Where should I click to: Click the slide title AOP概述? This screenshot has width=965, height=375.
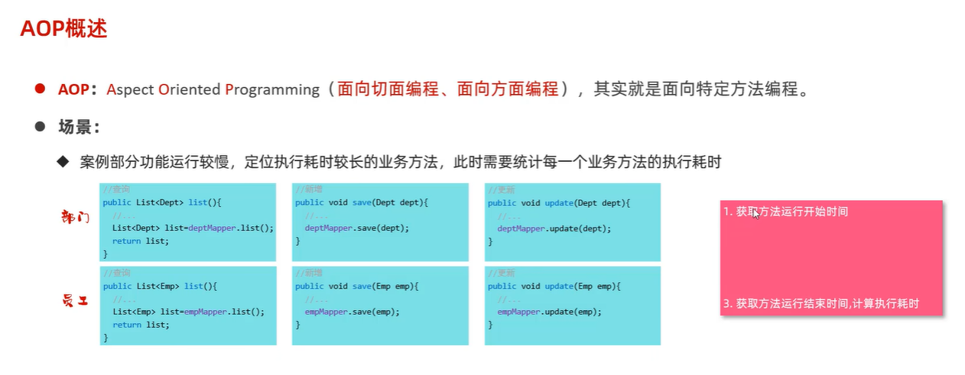[63, 29]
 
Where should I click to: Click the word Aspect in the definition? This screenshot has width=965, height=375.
[130, 89]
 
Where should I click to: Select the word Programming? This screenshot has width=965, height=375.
[272, 89]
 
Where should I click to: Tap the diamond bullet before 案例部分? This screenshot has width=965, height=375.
[63, 162]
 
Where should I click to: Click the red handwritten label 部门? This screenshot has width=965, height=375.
[75, 217]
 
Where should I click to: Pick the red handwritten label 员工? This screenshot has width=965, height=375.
[75, 301]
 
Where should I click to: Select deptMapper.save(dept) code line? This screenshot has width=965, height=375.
[357, 228]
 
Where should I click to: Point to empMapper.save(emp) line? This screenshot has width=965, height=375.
[352, 312]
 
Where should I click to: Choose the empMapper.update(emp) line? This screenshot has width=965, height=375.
[549, 312]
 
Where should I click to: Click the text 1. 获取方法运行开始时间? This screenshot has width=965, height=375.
[785, 212]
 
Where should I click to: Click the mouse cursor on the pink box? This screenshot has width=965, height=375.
[756, 214]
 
